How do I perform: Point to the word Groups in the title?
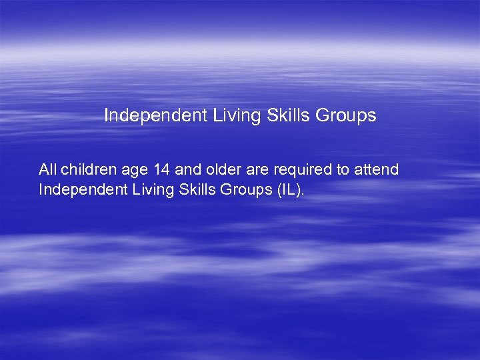click(x=346, y=115)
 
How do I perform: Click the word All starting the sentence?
click(x=48, y=169)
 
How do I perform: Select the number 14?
click(x=161, y=169)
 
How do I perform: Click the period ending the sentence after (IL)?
click(x=303, y=193)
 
